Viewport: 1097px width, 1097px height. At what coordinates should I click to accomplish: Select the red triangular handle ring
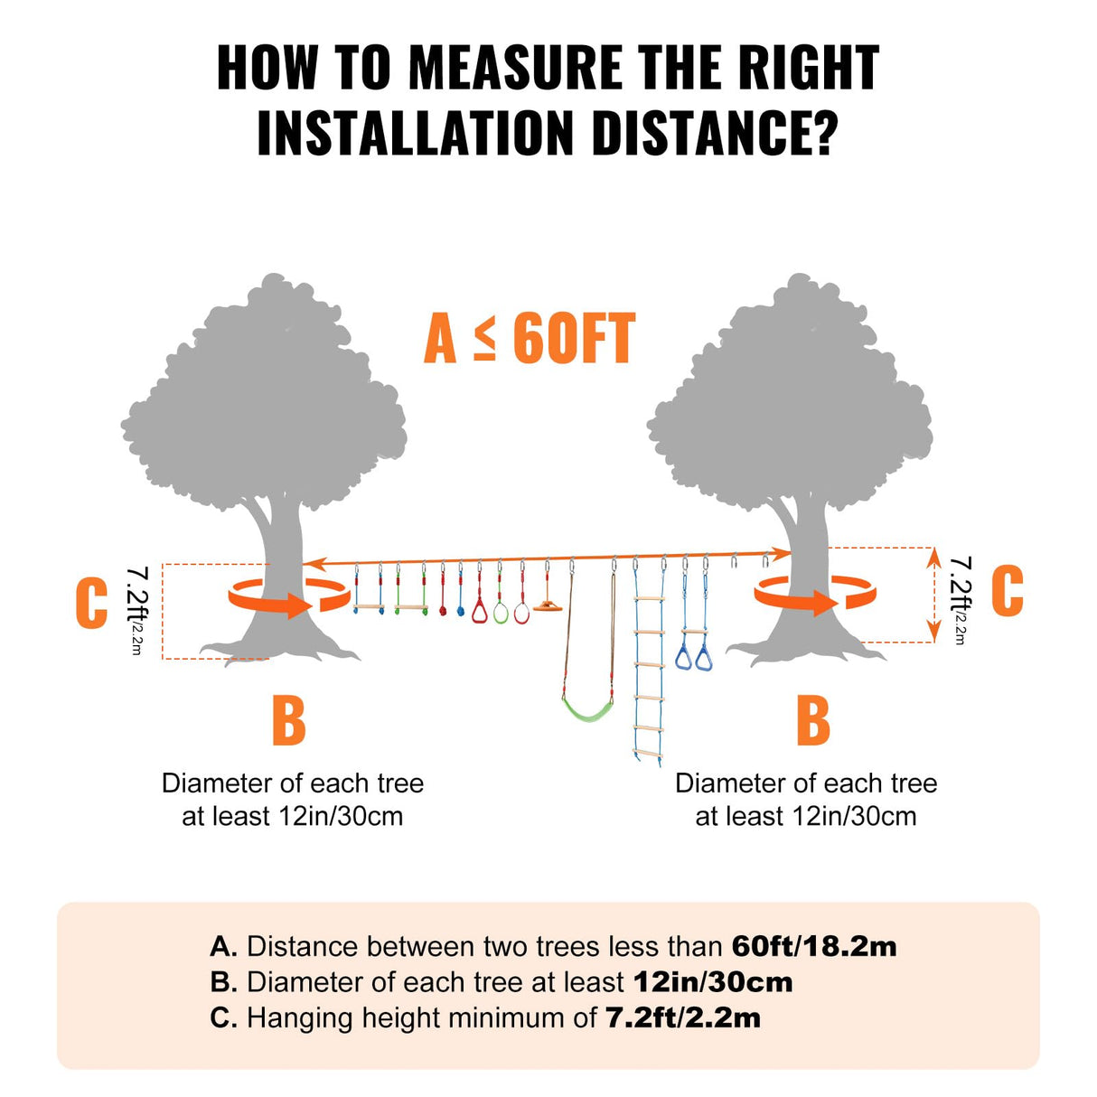point(480,612)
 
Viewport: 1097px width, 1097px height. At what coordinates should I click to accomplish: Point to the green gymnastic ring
point(501,613)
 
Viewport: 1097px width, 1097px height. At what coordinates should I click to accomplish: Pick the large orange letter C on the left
point(91,604)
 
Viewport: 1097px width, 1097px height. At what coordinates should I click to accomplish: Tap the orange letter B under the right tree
point(813,720)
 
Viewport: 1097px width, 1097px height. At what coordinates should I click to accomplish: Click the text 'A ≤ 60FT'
point(530,340)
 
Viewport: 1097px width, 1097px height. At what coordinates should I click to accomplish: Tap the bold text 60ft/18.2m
point(814,946)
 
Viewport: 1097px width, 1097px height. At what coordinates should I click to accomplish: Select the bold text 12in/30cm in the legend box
point(713,982)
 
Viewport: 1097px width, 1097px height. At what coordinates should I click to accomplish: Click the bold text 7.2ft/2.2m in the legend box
point(683,1017)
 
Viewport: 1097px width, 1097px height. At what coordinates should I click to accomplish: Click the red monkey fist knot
point(442,611)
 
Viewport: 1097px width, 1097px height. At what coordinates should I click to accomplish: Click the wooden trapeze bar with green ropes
point(412,607)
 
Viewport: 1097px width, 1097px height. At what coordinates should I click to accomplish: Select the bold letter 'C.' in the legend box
point(223,1017)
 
